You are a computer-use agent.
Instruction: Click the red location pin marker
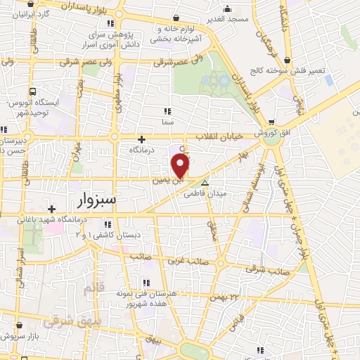[181, 166]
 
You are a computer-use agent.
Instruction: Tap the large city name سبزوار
[98, 202]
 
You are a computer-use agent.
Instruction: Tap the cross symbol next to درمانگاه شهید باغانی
[51, 209]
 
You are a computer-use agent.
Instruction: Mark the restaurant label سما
[167, 121]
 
